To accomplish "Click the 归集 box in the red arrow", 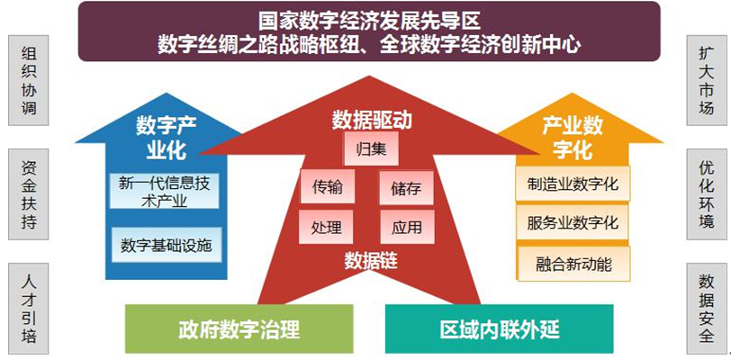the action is [371, 148].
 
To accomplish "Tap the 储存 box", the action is [407, 187].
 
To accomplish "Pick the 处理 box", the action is [326, 227].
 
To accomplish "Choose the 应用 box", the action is [408, 227].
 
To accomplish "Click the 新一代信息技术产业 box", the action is [165, 191].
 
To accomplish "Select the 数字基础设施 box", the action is [167, 245].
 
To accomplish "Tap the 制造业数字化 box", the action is [573, 184].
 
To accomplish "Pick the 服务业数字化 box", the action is [573, 222].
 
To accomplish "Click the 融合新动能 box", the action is [573, 264].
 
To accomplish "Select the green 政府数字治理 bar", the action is [239, 328].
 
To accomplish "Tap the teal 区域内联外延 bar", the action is [500, 328].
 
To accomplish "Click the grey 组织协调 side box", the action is [29, 80].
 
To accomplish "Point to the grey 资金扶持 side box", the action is [29, 194].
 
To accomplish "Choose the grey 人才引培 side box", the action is [29, 308].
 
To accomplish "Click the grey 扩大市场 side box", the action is [707, 80].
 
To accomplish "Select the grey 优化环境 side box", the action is [707, 194].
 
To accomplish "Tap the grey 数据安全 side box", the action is [707, 308].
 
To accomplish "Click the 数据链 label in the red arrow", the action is [371, 261].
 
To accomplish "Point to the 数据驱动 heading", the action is [372, 121].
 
